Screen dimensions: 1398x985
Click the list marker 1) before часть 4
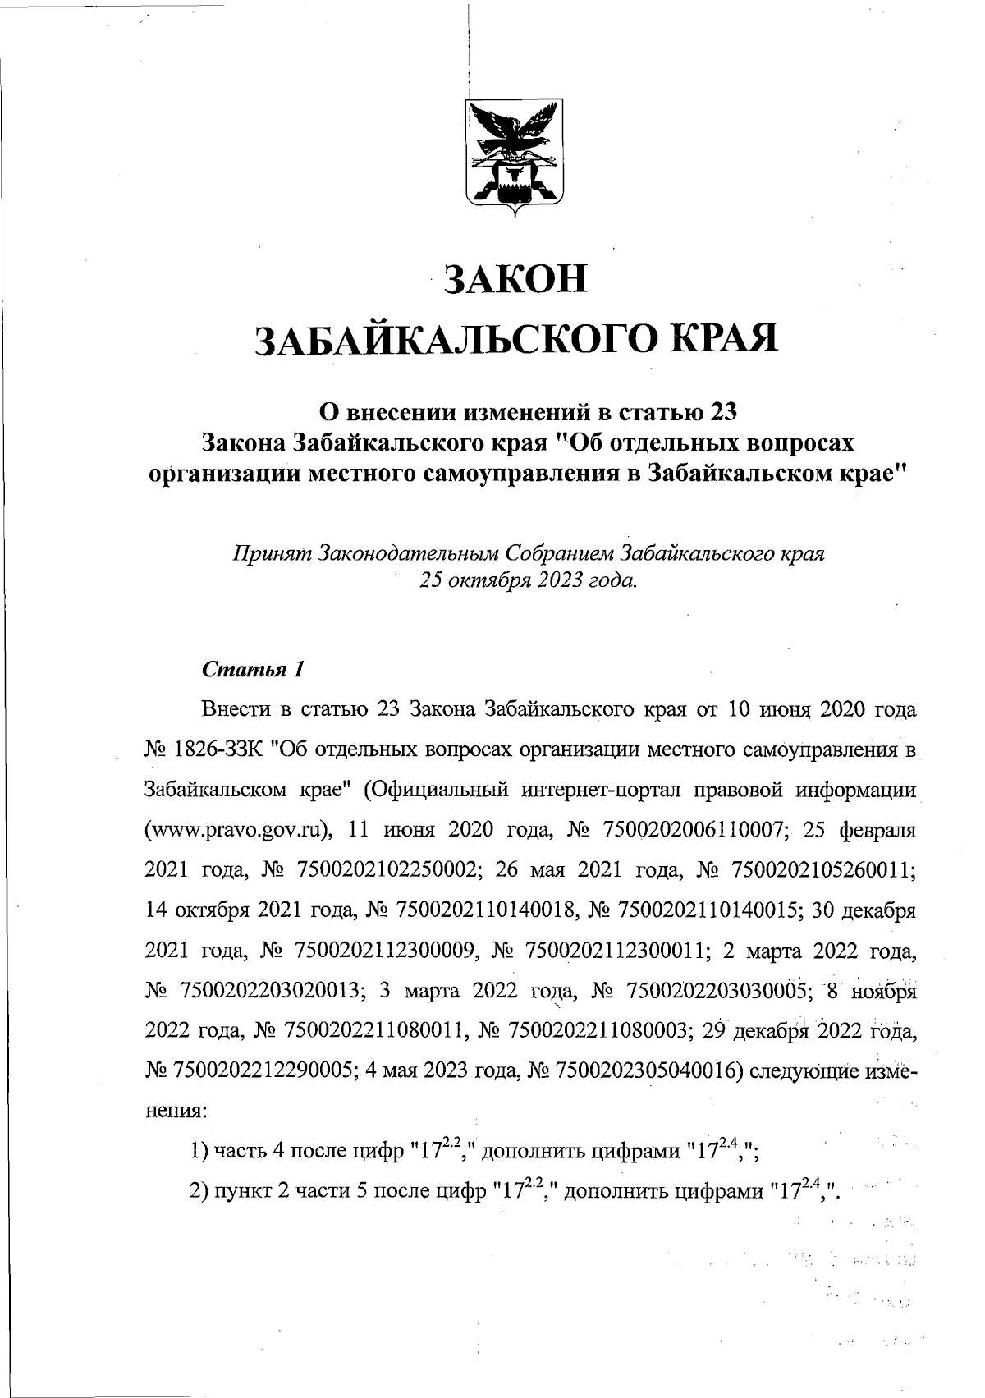199,1153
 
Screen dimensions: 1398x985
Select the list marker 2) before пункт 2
199,1191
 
